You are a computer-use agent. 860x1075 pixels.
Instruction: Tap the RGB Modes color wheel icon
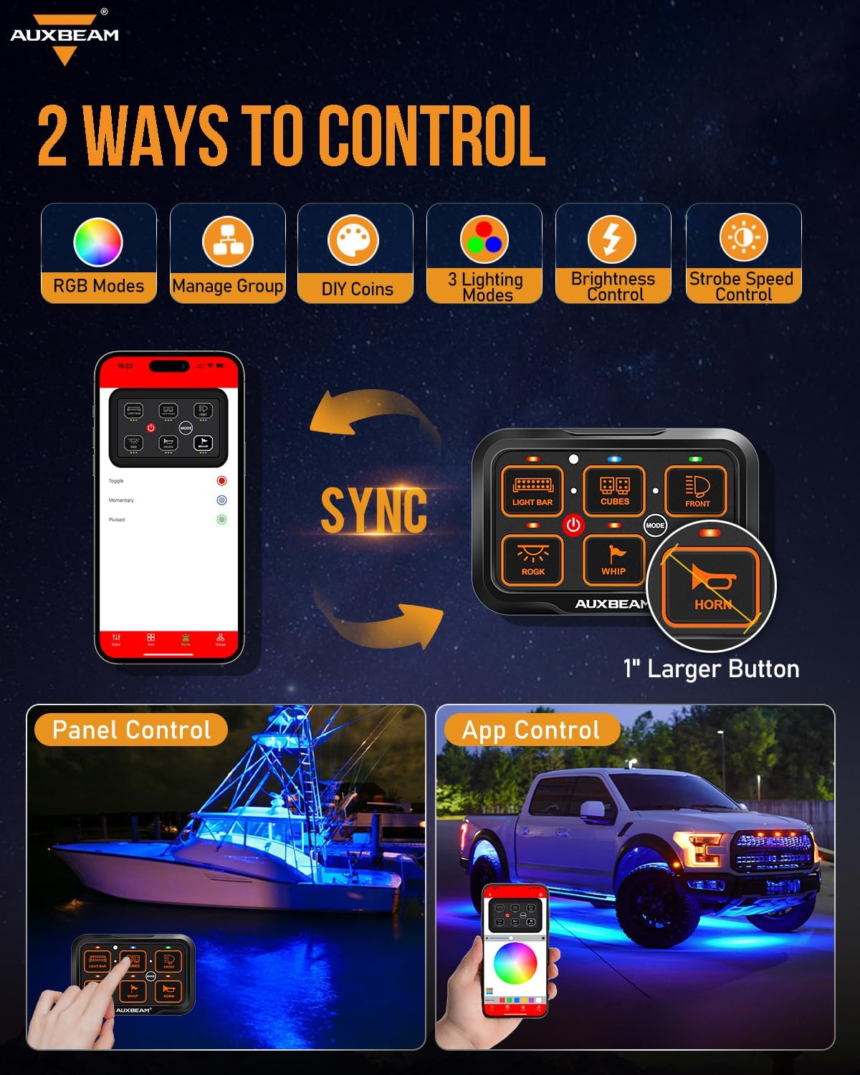(x=98, y=242)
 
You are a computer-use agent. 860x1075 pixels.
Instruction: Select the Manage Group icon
(x=227, y=242)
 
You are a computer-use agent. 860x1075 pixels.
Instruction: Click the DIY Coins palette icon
(x=353, y=240)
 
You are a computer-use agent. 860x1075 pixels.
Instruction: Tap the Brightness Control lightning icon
(x=611, y=239)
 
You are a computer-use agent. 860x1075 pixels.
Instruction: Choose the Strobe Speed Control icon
(x=743, y=238)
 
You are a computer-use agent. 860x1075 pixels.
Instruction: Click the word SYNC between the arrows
(x=373, y=511)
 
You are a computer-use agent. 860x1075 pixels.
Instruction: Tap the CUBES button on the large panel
(x=615, y=490)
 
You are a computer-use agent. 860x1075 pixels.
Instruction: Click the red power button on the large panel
(x=573, y=525)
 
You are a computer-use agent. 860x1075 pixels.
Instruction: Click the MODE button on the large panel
(x=655, y=525)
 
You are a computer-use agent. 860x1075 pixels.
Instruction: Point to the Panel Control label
(x=131, y=730)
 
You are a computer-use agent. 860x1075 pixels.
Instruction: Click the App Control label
(x=530, y=730)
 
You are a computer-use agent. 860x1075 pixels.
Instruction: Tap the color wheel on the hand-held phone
(x=515, y=962)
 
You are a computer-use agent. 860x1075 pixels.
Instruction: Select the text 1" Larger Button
(x=711, y=669)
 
